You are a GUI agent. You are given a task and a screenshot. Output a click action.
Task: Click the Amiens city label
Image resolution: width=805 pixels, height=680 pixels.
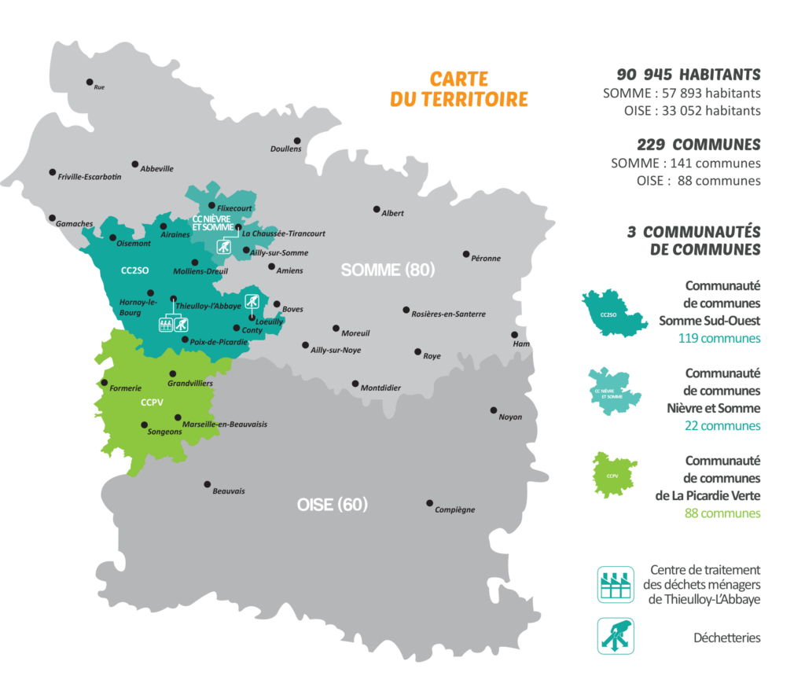click(x=290, y=270)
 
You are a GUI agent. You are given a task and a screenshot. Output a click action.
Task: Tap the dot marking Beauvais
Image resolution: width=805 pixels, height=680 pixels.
click(x=208, y=484)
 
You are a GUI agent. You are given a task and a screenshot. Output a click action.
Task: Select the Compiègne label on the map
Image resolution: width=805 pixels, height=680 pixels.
click(x=455, y=509)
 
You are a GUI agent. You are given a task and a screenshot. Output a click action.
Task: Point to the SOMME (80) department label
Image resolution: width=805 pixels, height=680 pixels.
click(x=388, y=270)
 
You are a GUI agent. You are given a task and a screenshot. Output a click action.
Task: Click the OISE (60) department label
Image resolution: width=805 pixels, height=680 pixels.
click(x=333, y=505)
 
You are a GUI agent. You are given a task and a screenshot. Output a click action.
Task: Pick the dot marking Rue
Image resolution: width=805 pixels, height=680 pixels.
click(x=90, y=82)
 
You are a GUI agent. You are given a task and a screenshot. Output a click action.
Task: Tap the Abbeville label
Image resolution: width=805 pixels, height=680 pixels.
click(x=157, y=168)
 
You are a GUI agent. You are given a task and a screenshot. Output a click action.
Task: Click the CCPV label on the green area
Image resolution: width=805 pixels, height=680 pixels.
click(x=152, y=402)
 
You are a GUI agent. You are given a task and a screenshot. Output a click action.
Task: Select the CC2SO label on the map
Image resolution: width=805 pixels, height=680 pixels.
click(x=134, y=270)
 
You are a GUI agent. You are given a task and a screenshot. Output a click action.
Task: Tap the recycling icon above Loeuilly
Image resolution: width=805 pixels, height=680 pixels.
click(x=252, y=300)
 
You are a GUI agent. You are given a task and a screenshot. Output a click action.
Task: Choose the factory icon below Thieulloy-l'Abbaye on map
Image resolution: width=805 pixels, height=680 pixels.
click(x=166, y=324)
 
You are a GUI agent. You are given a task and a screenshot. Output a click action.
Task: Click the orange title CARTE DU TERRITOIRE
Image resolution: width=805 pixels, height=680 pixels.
click(x=459, y=90)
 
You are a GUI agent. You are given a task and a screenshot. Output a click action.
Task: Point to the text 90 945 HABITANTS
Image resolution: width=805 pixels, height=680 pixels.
click(x=689, y=75)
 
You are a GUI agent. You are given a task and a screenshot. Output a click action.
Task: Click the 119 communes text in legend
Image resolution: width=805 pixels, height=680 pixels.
click(x=719, y=339)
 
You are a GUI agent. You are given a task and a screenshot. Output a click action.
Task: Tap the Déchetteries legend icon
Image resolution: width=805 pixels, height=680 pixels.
click(x=616, y=636)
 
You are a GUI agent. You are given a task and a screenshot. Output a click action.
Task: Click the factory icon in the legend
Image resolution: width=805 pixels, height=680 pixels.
click(x=616, y=585)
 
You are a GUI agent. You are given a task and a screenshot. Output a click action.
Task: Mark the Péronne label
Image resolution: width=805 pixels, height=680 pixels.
click(x=486, y=258)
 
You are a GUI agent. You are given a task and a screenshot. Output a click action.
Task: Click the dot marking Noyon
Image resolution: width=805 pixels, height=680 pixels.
click(x=494, y=410)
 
